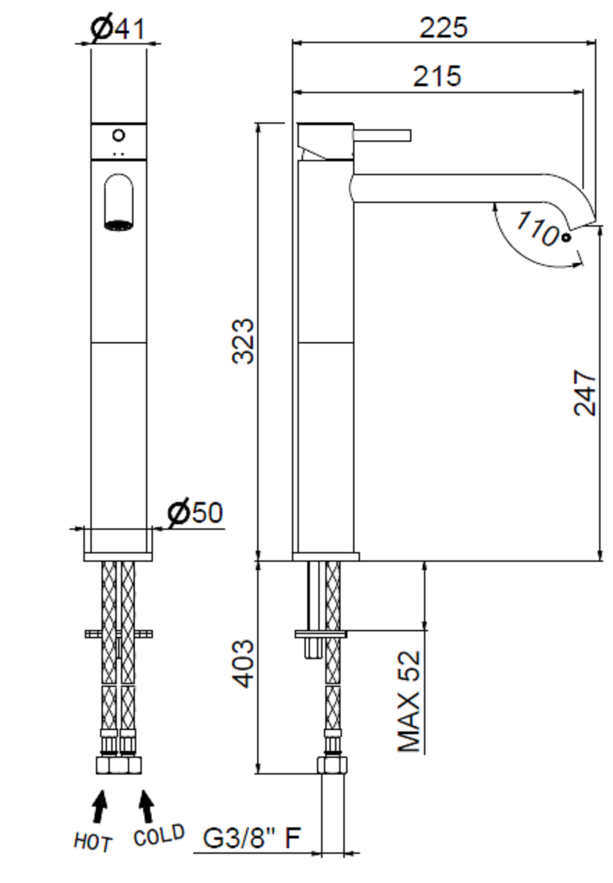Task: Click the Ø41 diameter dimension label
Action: pyautogui.click(x=117, y=29)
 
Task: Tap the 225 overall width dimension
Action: pyautogui.click(x=443, y=28)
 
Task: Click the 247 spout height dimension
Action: pyautogui.click(x=585, y=392)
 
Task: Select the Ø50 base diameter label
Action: pyautogui.click(x=195, y=513)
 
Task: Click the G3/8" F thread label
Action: pyautogui.click(x=252, y=839)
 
